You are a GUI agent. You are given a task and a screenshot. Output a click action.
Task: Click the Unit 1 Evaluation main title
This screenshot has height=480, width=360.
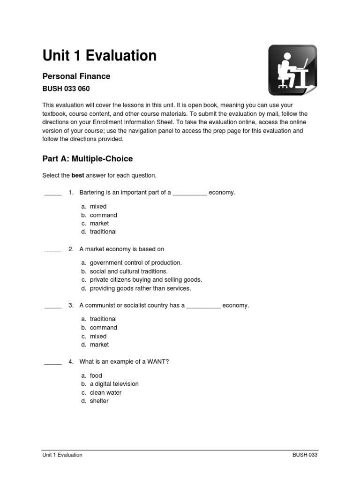point(99,56)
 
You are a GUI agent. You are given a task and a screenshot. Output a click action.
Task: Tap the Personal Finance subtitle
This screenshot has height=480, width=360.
point(76,76)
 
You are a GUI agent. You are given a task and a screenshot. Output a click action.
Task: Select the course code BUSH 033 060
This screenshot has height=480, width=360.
point(66,89)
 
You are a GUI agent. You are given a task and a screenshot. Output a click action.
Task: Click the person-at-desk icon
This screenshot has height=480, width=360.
point(292,70)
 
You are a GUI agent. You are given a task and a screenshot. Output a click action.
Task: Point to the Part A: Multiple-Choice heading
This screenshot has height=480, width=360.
point(88,159)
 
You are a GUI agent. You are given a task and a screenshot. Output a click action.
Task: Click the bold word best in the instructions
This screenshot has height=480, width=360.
point(78,175)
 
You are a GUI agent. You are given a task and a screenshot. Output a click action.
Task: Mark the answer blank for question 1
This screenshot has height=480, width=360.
point(53,193)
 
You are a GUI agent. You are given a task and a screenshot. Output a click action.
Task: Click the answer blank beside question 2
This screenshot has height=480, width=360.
point(53,249)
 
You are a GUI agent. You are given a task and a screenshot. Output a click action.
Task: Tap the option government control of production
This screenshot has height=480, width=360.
point(135,263)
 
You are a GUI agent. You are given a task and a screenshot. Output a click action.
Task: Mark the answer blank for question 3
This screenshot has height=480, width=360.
point(53,306)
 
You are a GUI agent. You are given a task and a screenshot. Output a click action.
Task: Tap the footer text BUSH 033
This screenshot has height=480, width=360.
point(305,455)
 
